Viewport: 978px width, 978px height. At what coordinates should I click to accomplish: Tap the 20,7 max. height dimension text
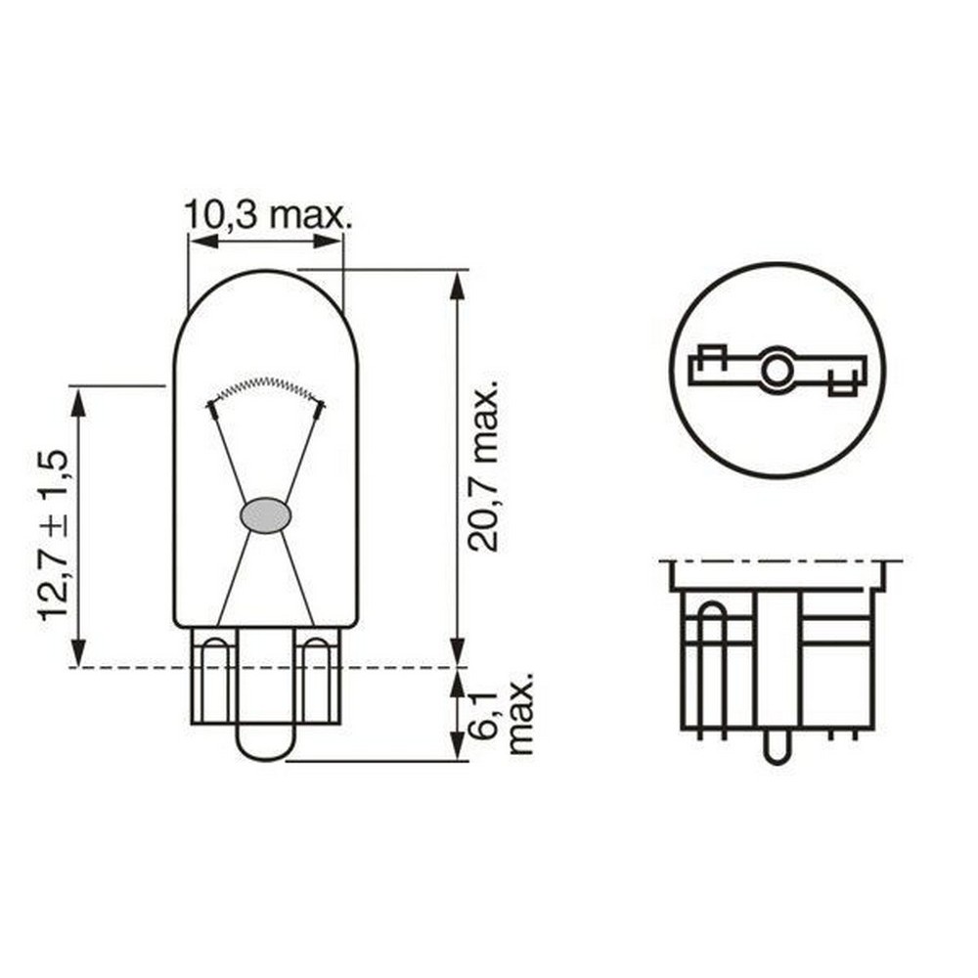coord(486,464)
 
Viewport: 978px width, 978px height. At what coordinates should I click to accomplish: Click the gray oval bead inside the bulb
coord(265,515)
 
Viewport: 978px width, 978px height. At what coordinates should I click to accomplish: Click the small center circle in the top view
coord(778,370)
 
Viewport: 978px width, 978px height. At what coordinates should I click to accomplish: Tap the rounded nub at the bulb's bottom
coord(265,743)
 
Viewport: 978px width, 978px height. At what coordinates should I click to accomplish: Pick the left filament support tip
coord(212,404)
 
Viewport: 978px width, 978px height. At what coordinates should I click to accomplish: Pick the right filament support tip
coord(319,404)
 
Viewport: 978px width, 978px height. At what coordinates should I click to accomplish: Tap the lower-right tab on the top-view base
coord(842,387)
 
